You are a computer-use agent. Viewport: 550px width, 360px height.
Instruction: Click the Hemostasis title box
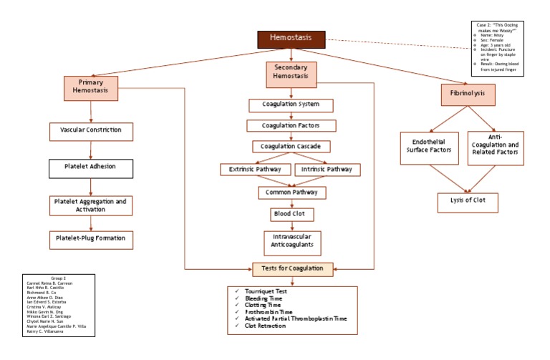(x=291, y=39)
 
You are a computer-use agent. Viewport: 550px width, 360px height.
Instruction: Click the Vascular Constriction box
(x=91, y=131)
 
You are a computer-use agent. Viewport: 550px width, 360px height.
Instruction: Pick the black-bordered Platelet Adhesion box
(x=91, y=168)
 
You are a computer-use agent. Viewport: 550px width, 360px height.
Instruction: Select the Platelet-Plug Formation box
(x=91, y=239)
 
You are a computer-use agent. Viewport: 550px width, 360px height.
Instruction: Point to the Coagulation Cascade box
(x=291, y=147)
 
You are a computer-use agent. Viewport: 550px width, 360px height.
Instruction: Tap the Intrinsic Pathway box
(x=327, y=170)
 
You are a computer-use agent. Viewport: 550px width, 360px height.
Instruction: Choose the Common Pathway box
(x=291, y=193)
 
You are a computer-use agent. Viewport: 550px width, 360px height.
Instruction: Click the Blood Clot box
(x=291, y=214)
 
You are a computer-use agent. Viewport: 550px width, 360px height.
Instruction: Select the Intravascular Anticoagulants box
(x=291, y=243)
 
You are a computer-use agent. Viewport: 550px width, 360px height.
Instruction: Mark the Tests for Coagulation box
(x=292, y=270)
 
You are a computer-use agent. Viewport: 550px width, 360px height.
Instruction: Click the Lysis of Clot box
(x=467, y=201)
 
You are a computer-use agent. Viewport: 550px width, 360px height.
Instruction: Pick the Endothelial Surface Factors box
(x=429, y=147)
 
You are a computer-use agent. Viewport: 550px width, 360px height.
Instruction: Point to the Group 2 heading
(x=59, y=278)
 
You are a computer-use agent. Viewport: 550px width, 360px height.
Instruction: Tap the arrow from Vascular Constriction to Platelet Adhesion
(x=91, y=150)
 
